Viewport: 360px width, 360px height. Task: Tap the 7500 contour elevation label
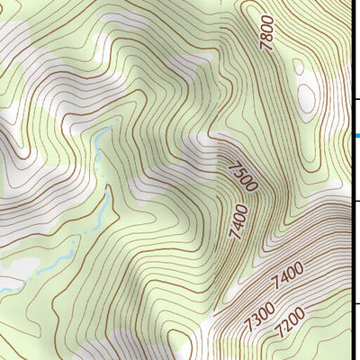coord(242,175)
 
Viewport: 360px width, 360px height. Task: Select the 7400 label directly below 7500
coord(238,221)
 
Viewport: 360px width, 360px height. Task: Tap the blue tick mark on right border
coord(355,136)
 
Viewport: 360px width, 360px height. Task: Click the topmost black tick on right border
coord(355,99)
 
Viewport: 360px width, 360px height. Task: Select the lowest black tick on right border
coord(355,303)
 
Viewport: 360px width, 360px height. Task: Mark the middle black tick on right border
coord(355,202)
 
